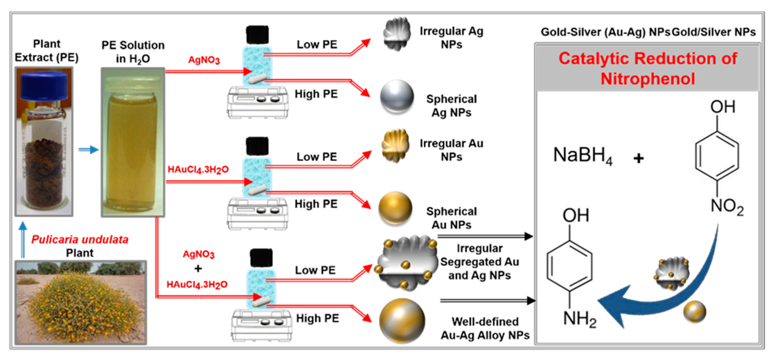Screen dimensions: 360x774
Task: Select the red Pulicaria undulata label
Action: (x=80, y=239)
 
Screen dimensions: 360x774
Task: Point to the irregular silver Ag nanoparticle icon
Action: (x=397, y=34)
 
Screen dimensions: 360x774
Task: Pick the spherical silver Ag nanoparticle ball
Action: (x=397, y=97)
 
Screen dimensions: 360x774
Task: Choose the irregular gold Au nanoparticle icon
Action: (x=395, y=146)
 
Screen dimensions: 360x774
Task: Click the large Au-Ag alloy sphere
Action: (x=402, y=321)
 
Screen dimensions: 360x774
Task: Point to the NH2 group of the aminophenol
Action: (x=579, y=319)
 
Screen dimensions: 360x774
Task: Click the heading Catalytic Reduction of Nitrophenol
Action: (x=647, y=68)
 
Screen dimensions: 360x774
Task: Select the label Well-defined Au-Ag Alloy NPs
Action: (x=485, y=328)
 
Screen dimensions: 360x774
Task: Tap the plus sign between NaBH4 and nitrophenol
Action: (x=639, y=158)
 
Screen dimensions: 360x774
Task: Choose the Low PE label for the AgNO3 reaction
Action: (x=317, y=44)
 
